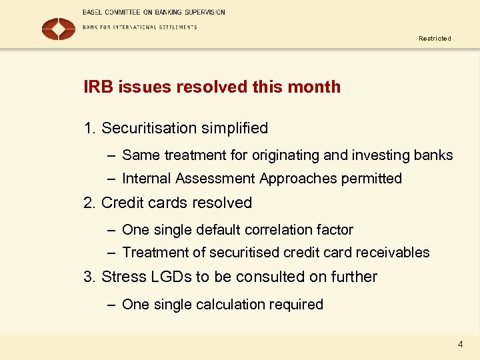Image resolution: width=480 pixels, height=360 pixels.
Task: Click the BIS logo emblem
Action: pos(59,29)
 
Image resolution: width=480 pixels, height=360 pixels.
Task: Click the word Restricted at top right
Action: pos(435,39)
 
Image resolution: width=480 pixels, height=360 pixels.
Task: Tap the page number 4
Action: pos(460,345)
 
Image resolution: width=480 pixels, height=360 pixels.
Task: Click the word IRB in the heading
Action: pos(98,87)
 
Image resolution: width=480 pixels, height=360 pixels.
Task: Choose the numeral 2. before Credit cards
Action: pos(90,203)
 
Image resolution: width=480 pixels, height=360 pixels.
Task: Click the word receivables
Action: pos(393,253)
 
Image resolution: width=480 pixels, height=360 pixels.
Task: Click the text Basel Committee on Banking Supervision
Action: pos(153,12)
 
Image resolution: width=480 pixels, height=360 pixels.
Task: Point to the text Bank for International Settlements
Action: pos(139,27)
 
